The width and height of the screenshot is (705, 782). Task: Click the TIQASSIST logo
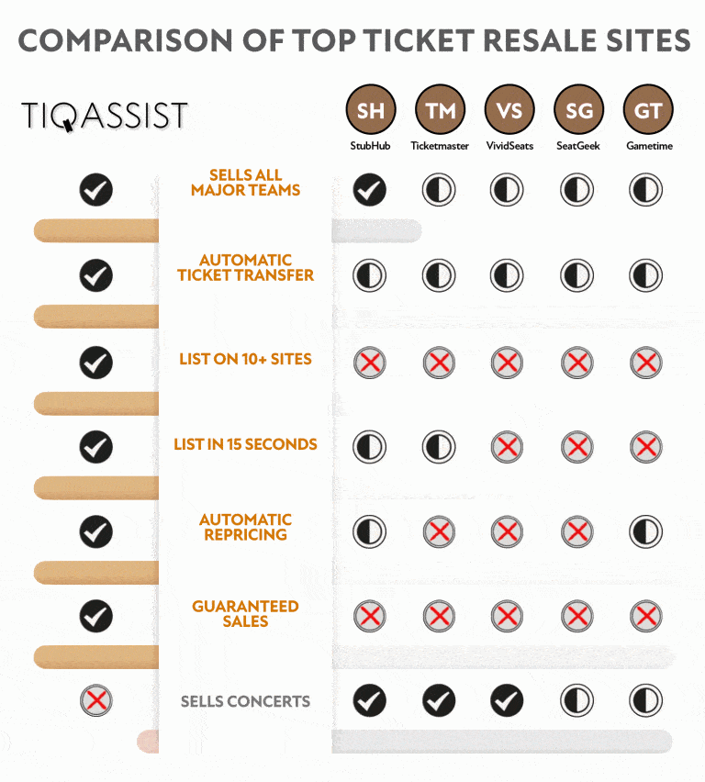point(105,116)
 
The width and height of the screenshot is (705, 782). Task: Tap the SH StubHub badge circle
point(371,110)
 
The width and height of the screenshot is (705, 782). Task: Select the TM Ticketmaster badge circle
point(440,110)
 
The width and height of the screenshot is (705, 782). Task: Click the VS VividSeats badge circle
point(509,110)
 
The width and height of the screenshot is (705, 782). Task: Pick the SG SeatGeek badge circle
point(578,110)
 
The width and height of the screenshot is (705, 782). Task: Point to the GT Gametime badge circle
point(648,110)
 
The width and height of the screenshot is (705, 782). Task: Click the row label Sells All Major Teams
point(245,183)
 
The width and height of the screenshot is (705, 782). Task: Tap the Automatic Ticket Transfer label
point(245,268)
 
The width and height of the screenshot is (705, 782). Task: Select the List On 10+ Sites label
point(245,359)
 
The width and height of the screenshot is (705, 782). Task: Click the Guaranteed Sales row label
point(245,614)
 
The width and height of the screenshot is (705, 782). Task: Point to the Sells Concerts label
point(245,701)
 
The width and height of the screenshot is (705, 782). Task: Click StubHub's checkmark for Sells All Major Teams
point(370,189)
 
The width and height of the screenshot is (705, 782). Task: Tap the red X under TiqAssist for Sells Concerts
point(96,700)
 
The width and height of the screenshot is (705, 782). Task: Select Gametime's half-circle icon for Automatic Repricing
point(646,531)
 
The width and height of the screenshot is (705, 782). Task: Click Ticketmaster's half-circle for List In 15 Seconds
point(439,446)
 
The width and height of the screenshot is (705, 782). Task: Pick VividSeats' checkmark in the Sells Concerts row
point(507,700)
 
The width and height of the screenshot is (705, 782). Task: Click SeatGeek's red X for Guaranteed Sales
point(577,616)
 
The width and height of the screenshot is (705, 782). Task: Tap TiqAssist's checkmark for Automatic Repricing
point(95,531)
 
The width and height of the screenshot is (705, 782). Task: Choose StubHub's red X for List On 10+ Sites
point(370,362)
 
